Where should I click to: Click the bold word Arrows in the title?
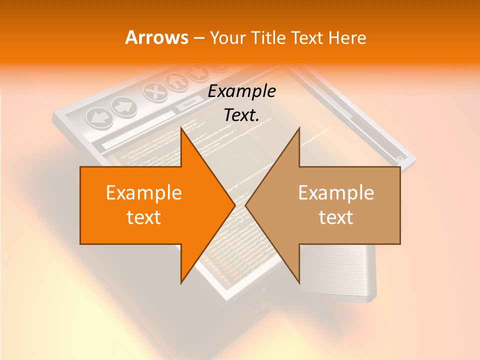coord(157,37)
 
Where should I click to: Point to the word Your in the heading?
coord(227,37)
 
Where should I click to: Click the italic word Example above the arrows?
coord(242,91)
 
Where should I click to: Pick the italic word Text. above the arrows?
coord(242,115)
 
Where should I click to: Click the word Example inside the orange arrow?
coord(144,193)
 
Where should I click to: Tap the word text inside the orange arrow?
coord(144,217)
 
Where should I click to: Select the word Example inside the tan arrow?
coord(336,193)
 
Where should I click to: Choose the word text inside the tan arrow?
coord(336,217)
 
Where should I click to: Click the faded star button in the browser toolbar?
coord(195,74)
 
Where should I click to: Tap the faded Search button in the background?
coord(189,103)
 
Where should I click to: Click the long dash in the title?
coord(198,38)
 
